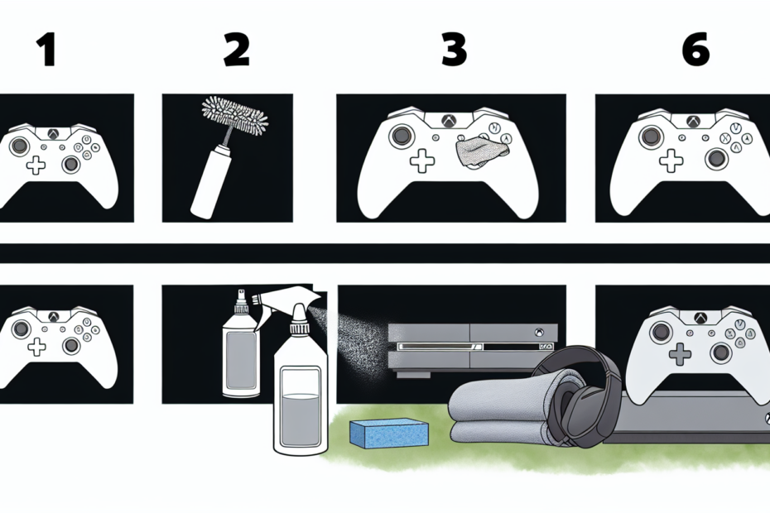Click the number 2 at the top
pyautogui.click(x=236, y=51)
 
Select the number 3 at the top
pyautogui.click(x=453, y=51)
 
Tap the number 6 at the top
pyautogui.click(x=695, y=51)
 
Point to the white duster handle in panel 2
pyautogui.click(x=207, y=181)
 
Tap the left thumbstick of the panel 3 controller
pyautogui.click(x=400, y=135)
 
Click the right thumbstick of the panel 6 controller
pyautogui.click(x=715, y=159)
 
